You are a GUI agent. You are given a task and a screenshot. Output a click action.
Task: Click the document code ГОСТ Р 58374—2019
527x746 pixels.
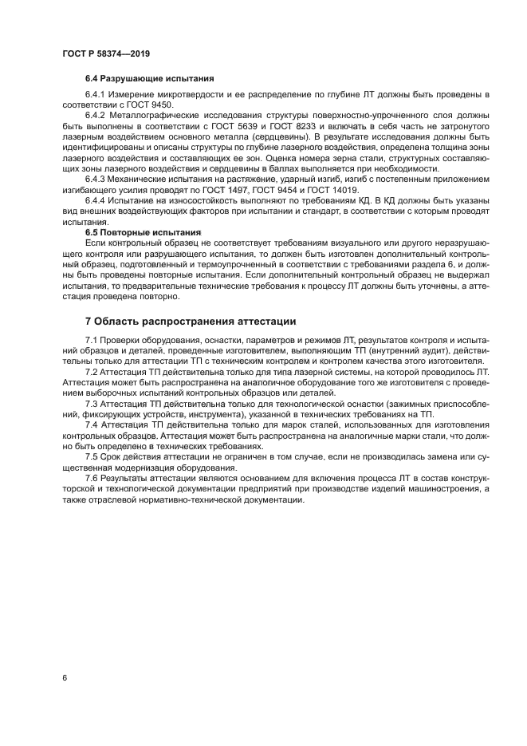coord(105,53)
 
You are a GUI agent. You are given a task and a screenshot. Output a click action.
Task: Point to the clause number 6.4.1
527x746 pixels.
coord(95,96)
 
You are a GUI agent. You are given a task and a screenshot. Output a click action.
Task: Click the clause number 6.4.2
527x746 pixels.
coord(95,115)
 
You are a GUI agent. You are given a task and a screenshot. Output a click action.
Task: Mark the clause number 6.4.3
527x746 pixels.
coord(95,179)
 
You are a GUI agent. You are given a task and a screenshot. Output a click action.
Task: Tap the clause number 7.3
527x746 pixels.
coord(92,403)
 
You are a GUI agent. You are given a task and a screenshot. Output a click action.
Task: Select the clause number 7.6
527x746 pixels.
coord(92,476)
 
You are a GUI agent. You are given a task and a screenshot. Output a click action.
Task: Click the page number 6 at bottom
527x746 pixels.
coord(63,677)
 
